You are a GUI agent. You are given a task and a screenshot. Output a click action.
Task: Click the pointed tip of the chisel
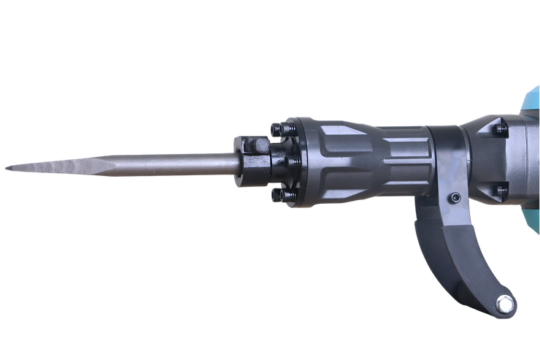(6, 169)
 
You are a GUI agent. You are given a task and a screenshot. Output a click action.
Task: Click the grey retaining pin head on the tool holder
(260, 150)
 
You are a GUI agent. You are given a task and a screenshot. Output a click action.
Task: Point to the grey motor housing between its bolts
(504, 161)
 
